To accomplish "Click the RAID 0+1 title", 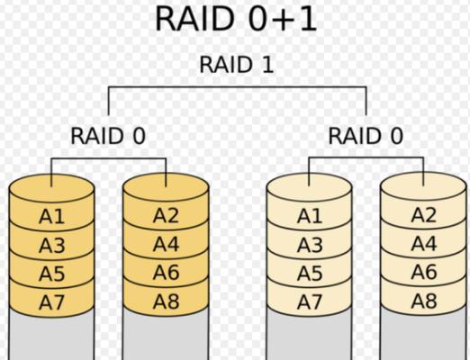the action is click(236, 19).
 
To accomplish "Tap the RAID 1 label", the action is click(237, 65).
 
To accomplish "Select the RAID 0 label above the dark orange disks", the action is click(108, 136).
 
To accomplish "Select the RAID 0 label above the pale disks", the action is click(366, 136).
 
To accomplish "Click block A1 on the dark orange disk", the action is click(51, 216).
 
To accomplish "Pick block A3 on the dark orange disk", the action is click(51, 245).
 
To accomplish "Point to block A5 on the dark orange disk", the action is click(51, 274).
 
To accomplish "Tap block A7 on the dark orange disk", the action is click(51, 302).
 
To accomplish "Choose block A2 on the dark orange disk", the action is click(166, 215).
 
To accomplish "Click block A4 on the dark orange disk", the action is click(166, 244).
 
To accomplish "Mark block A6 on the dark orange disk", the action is click(166, 273).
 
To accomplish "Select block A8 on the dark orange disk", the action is click(166, 301).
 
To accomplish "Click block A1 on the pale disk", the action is click(310, 216).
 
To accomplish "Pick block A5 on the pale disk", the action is click(310, 274).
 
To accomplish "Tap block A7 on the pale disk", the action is click(310, 302).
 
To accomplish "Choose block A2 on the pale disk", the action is click(424, 215).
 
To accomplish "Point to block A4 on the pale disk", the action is click(424, 244).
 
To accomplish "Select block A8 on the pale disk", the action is click(424, 301).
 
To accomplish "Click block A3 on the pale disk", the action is click(310, 245).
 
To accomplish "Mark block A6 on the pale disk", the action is click(424, 272).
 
